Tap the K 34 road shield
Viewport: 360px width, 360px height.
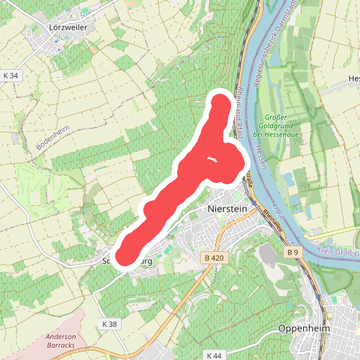click(x=10, y=75)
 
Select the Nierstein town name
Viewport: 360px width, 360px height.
click(x=227, y=208)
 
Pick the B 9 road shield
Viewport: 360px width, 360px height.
click(x=292, y=253)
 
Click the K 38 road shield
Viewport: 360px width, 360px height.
click(x=109, y=325)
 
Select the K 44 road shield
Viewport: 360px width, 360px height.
click(x=214, y=356)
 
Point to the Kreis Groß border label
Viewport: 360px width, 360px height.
click(x=335, y=251)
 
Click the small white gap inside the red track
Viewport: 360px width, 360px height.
click(x=211, y=161)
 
